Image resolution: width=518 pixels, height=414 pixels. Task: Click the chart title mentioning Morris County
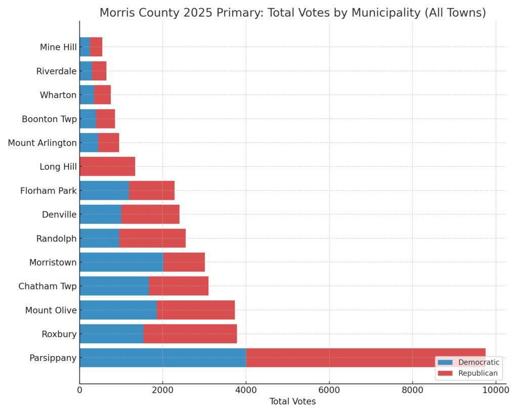coord(292,13)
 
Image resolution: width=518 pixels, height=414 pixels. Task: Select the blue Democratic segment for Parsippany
coord(162,358)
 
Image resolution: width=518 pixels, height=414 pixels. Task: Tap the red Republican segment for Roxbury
coord(190,334)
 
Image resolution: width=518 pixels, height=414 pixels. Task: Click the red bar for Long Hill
coord(107,166)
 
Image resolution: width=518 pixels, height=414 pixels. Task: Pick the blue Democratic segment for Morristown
coord(121,262)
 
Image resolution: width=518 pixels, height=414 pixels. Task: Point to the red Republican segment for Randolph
coord(152,238)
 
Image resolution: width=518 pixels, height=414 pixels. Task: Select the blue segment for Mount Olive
coord(118,310)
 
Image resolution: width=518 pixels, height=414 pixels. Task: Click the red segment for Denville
coord(150,214)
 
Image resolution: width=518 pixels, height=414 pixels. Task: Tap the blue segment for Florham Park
coord(104,191)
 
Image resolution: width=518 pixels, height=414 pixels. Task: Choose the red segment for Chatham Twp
coord(179,286)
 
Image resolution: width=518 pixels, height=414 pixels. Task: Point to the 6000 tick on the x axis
coord(329,390)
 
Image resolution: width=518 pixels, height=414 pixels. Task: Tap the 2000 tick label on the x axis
coord(162,390)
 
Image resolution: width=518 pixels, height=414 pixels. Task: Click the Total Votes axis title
coord(292,402)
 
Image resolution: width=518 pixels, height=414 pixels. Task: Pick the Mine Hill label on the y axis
coord(58,47)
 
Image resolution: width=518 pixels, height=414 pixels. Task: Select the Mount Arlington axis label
coord(42,143)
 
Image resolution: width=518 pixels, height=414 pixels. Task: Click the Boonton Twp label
coord(49,119)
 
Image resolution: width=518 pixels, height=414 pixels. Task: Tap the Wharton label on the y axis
coord(58,95)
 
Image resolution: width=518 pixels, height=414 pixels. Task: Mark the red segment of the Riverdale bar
coord(99,71)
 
